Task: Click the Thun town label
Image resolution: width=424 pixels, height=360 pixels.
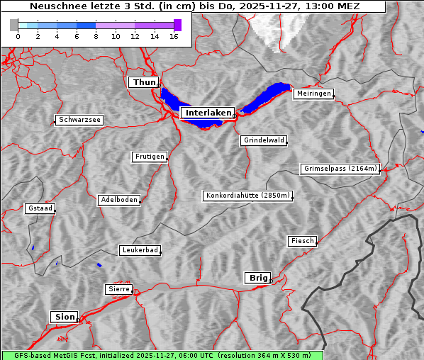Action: coord(144,83)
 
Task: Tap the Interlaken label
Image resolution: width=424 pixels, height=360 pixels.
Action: coord(208,113)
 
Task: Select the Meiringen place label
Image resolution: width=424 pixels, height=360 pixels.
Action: coord(313,94)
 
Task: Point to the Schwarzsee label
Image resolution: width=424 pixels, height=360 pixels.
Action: coord(79,120)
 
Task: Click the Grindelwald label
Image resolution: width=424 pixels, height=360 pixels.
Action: coord(264,140)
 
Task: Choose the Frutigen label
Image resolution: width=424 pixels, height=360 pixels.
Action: coord(149,157)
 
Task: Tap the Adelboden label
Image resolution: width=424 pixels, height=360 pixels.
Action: coord(118,200)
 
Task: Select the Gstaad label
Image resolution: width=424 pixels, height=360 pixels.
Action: coord(40,208)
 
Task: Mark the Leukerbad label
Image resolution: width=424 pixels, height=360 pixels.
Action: coord(139,250)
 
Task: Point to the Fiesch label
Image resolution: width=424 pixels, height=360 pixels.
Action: coord(302,241)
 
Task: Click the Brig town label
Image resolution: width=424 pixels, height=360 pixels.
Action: coord(257,278)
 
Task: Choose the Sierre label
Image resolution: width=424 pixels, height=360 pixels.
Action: coord(118,289)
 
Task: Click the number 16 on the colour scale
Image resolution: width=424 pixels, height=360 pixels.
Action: coord(174,37)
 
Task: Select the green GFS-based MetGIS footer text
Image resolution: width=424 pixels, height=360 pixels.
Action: coord(162,355)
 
